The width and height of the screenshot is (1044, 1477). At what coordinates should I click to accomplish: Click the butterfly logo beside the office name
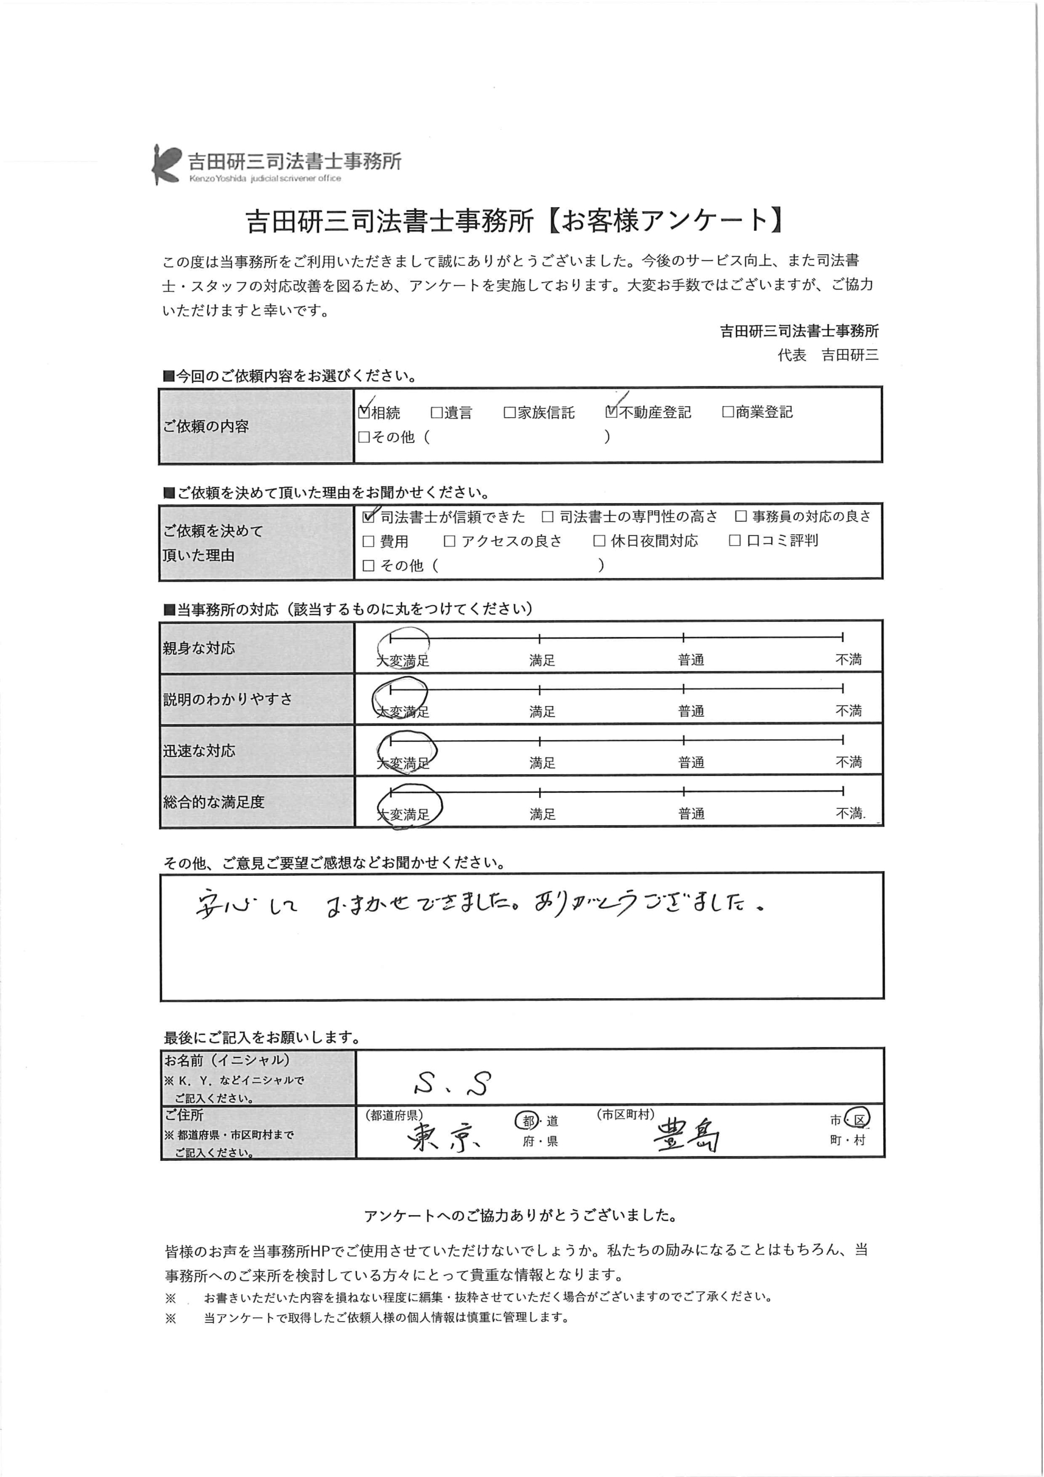[166, 164]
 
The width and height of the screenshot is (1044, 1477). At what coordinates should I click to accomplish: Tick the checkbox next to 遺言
[437, 413]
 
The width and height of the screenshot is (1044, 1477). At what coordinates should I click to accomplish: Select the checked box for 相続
[365, 413]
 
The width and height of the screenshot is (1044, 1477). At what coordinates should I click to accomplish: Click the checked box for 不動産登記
[611, 412]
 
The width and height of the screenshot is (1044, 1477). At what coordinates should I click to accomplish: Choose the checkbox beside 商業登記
[728, 412]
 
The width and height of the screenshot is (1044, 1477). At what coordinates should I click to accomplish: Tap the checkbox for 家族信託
[509, 413]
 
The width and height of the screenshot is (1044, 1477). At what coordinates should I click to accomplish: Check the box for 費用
[369, 542]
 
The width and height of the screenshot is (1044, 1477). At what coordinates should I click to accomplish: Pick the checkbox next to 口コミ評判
[735, 541]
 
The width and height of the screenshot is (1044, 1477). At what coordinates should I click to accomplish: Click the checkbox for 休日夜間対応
[599, 541]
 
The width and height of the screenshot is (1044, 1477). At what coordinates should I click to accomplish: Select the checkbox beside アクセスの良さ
[450, 542]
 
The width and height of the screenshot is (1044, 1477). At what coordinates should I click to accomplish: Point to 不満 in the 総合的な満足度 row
[848, 814]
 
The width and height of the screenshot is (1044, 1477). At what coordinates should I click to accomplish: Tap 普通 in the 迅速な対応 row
[691, 762]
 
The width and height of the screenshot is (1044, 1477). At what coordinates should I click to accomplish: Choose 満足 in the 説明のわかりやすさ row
[542, 711]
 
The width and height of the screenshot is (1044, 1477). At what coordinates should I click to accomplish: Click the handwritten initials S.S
[452, 1084]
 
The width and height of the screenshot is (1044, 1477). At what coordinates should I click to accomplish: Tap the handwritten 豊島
[686, 1137]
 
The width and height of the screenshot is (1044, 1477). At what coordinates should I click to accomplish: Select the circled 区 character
[859, 1120]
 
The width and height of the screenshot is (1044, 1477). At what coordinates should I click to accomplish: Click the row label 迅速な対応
[200, 751]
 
